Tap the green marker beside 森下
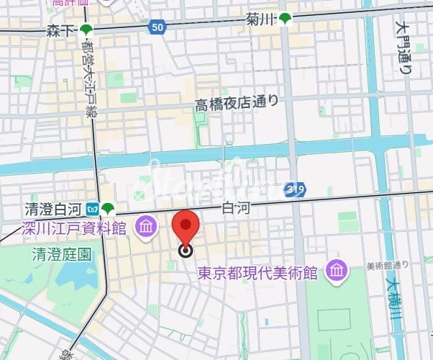point(87,30)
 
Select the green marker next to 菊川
point(286,19)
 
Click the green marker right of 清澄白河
point(108,210)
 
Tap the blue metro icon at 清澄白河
point(91,210)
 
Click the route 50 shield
point(157,27)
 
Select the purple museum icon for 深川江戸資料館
point(146,228)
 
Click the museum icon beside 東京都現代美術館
point(335,271)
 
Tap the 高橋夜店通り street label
point(236,104)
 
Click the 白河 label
point(235,207)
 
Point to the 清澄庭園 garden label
point(62,254)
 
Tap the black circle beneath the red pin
point(186,250)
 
